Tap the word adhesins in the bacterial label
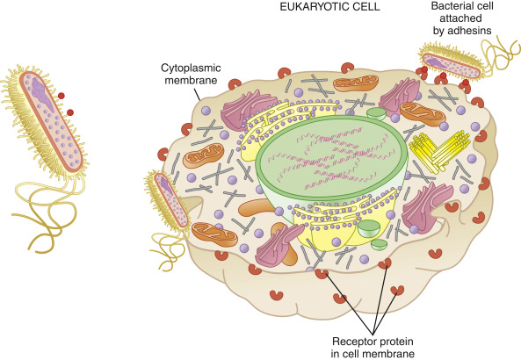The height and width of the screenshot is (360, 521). click(x=470, y=31)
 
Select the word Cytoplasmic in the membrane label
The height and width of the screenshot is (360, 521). click(x=191, y=68)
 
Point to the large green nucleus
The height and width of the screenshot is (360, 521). click(x=331, y=161)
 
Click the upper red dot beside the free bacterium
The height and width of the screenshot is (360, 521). click(x=61, y=96)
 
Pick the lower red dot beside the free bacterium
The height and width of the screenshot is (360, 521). click(x=69, y=112)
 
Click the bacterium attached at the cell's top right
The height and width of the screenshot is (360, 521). click(x=452, y=62)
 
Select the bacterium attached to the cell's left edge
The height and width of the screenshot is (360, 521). click(x=167, y=199)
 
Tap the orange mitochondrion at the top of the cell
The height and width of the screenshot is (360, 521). click(x=356, y=83)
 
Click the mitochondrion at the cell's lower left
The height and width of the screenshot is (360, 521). click(x=214, y=234)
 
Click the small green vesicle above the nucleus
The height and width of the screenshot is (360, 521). click(x=376, y=112)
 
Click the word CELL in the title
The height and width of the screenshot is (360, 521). click(x=370, y=7)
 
